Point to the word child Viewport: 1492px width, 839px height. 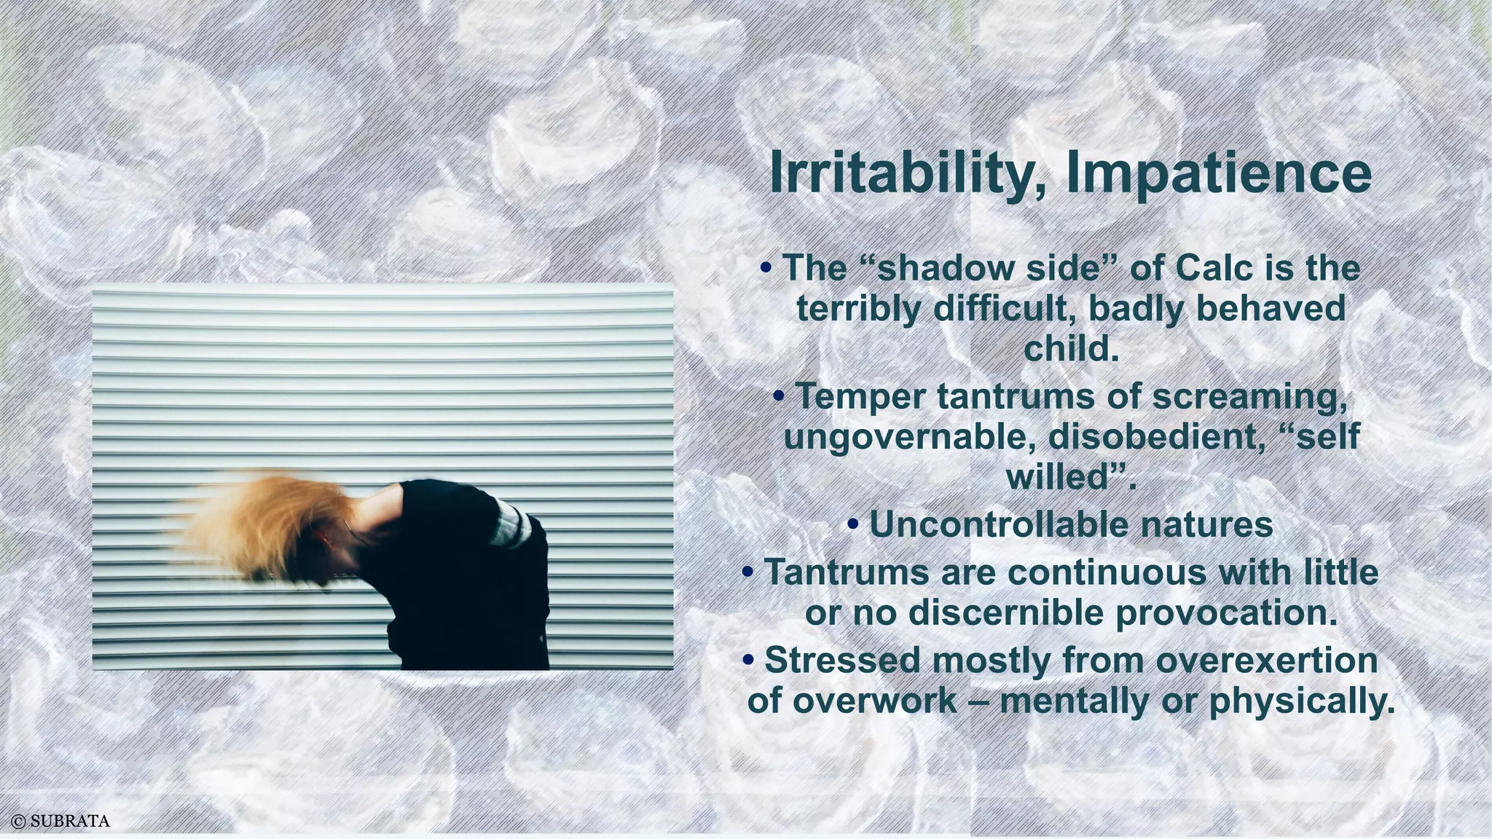tap(1069, 349)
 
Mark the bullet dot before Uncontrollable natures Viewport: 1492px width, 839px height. tap(854, 524)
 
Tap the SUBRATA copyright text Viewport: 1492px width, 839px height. tap(61, 822)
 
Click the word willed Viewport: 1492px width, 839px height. tap(1057, 478)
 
